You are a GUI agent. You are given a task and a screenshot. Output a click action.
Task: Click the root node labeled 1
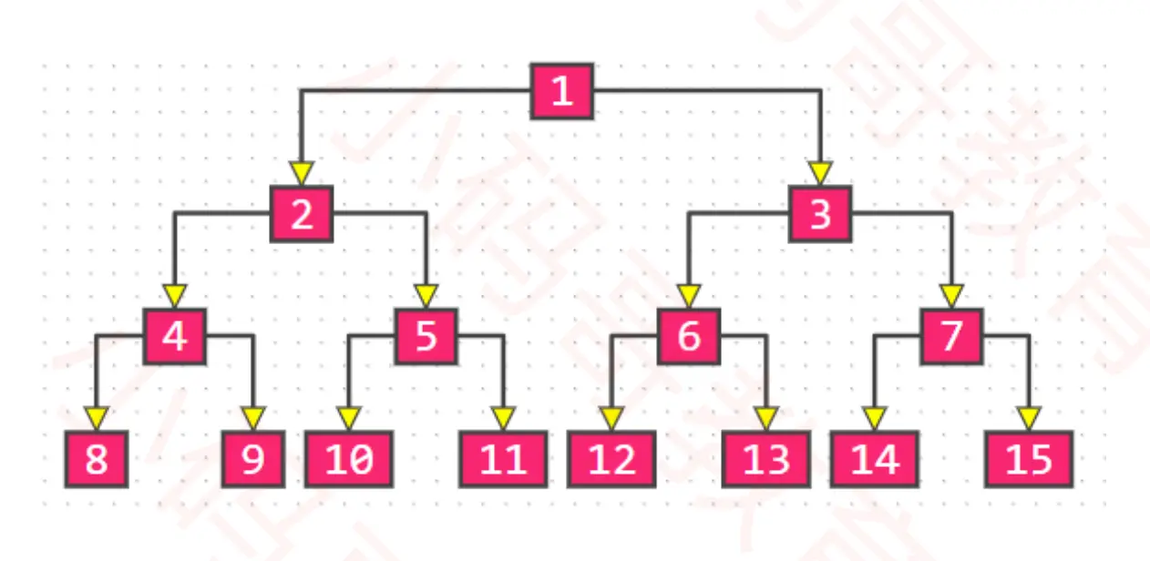(x=562, y=91)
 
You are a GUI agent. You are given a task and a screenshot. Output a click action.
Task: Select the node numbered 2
(x=302, y=214)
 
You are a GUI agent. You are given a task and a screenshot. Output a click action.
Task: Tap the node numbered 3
(x=820, y=214)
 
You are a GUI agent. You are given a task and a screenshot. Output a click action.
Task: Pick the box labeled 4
(x=175, y=336)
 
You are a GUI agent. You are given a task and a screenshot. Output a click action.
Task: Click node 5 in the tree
(x=426, y=336)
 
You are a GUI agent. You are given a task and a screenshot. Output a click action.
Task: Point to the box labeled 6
(x=689, y=336)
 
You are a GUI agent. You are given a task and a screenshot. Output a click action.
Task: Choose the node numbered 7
(x=951, y=336)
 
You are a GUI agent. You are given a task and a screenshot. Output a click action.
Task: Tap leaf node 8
(x=97, y=459)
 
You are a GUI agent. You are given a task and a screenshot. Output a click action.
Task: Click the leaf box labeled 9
(x=253, y=459)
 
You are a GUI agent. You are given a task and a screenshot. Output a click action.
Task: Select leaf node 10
(x=348, y=459)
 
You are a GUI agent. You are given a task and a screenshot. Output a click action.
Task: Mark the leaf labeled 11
(x=503, y=459)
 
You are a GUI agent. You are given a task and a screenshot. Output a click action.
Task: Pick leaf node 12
(x=611, y=459)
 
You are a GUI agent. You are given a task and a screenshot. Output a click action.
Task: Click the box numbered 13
(x=766, y=459)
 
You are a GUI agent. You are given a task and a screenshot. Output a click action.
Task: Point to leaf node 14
(x=874, y=459)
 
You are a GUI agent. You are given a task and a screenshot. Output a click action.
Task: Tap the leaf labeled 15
(x=1029, y=459)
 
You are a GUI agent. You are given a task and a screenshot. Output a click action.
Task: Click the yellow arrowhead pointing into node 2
(x=302, y=173)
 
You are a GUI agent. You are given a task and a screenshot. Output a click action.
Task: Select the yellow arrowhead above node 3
(x=820, y=173)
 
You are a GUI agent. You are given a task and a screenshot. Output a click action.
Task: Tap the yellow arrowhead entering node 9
(x=253, y=418)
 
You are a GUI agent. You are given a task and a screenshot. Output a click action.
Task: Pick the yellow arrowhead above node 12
(x=611, y=418)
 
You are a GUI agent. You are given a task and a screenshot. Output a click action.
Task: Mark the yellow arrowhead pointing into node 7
(x=951, y=296)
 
